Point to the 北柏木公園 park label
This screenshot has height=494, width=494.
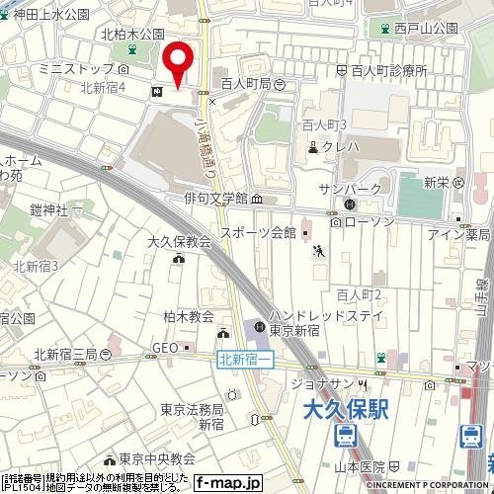(131, 34)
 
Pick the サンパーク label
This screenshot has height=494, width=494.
(342, 188)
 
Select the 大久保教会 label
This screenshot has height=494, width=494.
(179, 241)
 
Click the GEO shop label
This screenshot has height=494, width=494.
(163, 348)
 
